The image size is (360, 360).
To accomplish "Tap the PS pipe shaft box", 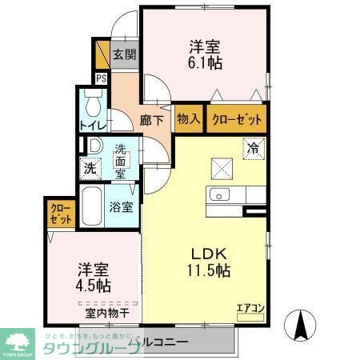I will (x=102, y=78).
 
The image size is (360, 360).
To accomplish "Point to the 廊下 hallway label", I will (x=151, y=121).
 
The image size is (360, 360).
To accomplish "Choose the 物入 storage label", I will (x=188, y=119).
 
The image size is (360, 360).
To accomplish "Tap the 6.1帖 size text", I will (x=206, y=62).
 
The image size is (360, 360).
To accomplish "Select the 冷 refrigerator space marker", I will (x=253, y=147).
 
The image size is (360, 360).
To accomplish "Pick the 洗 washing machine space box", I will (x=90, y=169).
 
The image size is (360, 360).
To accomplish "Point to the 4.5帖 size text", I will (x=94, y=285).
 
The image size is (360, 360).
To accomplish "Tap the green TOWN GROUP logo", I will (x=16, y=342).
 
